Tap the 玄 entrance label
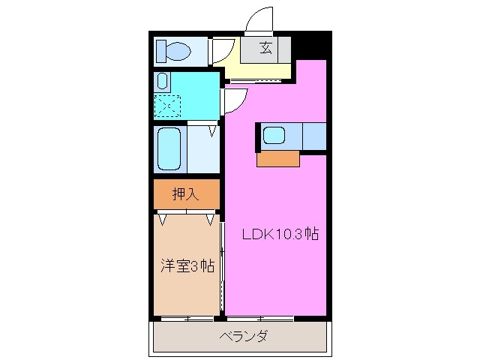(x=265, y=49)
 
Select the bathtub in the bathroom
(x=169, y=148)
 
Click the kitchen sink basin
(x=274, y=136)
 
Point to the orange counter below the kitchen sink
(x=277, y=158)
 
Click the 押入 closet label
(x=186, y=194)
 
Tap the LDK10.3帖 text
(x=280, y=233)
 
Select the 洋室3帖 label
(x=187, y=265)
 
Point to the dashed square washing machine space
(x=166, y=105)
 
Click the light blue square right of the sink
(x=313, y=136)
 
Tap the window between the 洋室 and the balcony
(x=187, y=318)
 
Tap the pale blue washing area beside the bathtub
(x=202, y=150)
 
